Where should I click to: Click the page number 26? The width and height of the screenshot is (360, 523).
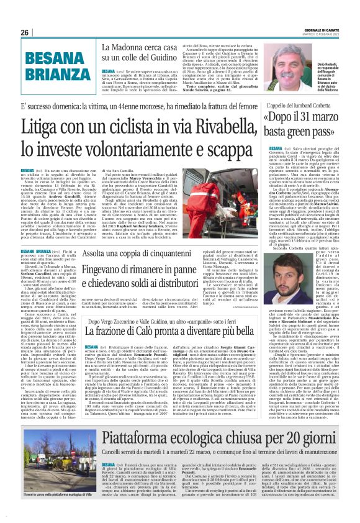pyautogui.click(x=25, y=32)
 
